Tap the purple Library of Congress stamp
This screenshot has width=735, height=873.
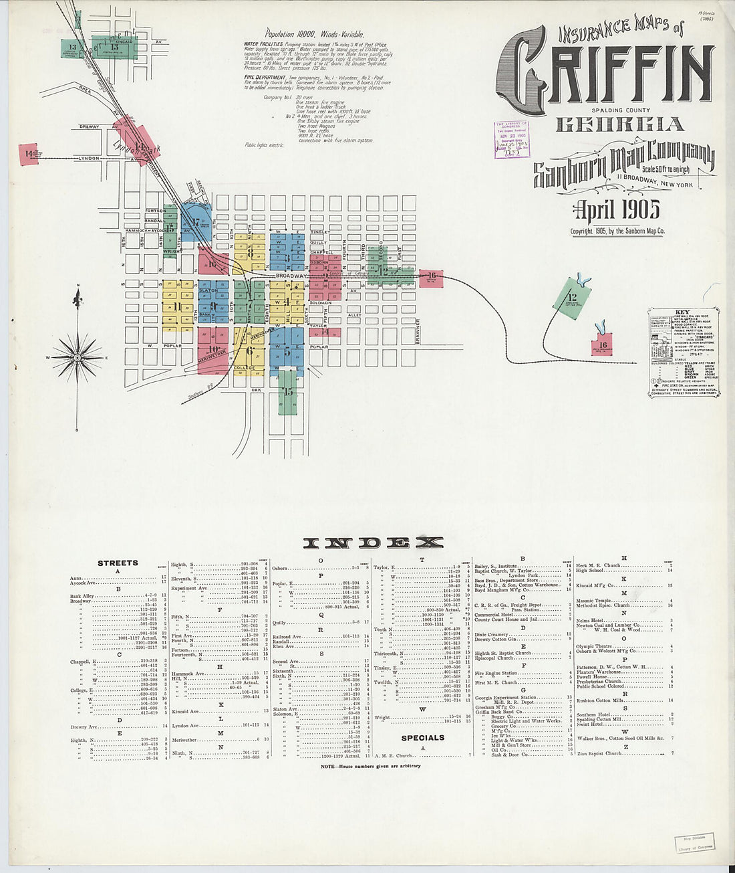[x=511, y=139]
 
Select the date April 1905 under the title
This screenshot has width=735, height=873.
[x=617, y=210]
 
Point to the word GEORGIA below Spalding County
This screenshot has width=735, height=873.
[x=620, y=124]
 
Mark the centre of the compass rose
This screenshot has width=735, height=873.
[x=78, y=358]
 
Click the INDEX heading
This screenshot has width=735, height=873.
[x=373, y=543]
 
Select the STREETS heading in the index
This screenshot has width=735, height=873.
[x=118, y=563]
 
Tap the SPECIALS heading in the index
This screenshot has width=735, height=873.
[x=422, y=738]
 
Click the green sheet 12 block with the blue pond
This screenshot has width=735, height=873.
[x=573, y=296]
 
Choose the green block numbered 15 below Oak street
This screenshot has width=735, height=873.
[x=288, y=392]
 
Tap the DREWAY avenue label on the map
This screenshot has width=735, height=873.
[x=90, y=126]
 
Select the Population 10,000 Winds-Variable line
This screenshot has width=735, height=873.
[x=314, y=33]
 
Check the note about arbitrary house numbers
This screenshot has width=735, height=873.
[x=370, y=766]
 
